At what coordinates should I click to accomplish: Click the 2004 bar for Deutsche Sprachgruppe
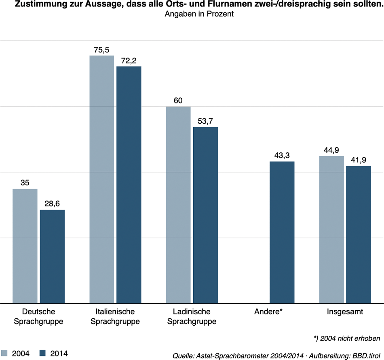25,246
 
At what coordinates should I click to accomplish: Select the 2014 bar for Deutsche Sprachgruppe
52,256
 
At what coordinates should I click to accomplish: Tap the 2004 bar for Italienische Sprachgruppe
101,179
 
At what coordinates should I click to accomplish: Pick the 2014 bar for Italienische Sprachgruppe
129,185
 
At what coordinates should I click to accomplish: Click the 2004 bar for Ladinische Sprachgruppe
178,204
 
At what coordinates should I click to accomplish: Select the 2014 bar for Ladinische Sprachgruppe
205,215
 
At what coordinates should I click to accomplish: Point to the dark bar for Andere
282,232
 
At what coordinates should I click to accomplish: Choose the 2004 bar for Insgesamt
331,229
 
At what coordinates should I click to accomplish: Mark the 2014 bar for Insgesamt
359,234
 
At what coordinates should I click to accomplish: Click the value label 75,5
101,50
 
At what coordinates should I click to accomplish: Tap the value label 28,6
52,204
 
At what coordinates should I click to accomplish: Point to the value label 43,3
282,156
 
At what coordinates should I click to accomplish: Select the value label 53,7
205,121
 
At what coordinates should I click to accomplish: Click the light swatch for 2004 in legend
4,353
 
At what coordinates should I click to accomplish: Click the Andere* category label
268,312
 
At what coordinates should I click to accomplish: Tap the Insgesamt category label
345,312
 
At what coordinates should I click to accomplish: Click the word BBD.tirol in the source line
366,356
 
